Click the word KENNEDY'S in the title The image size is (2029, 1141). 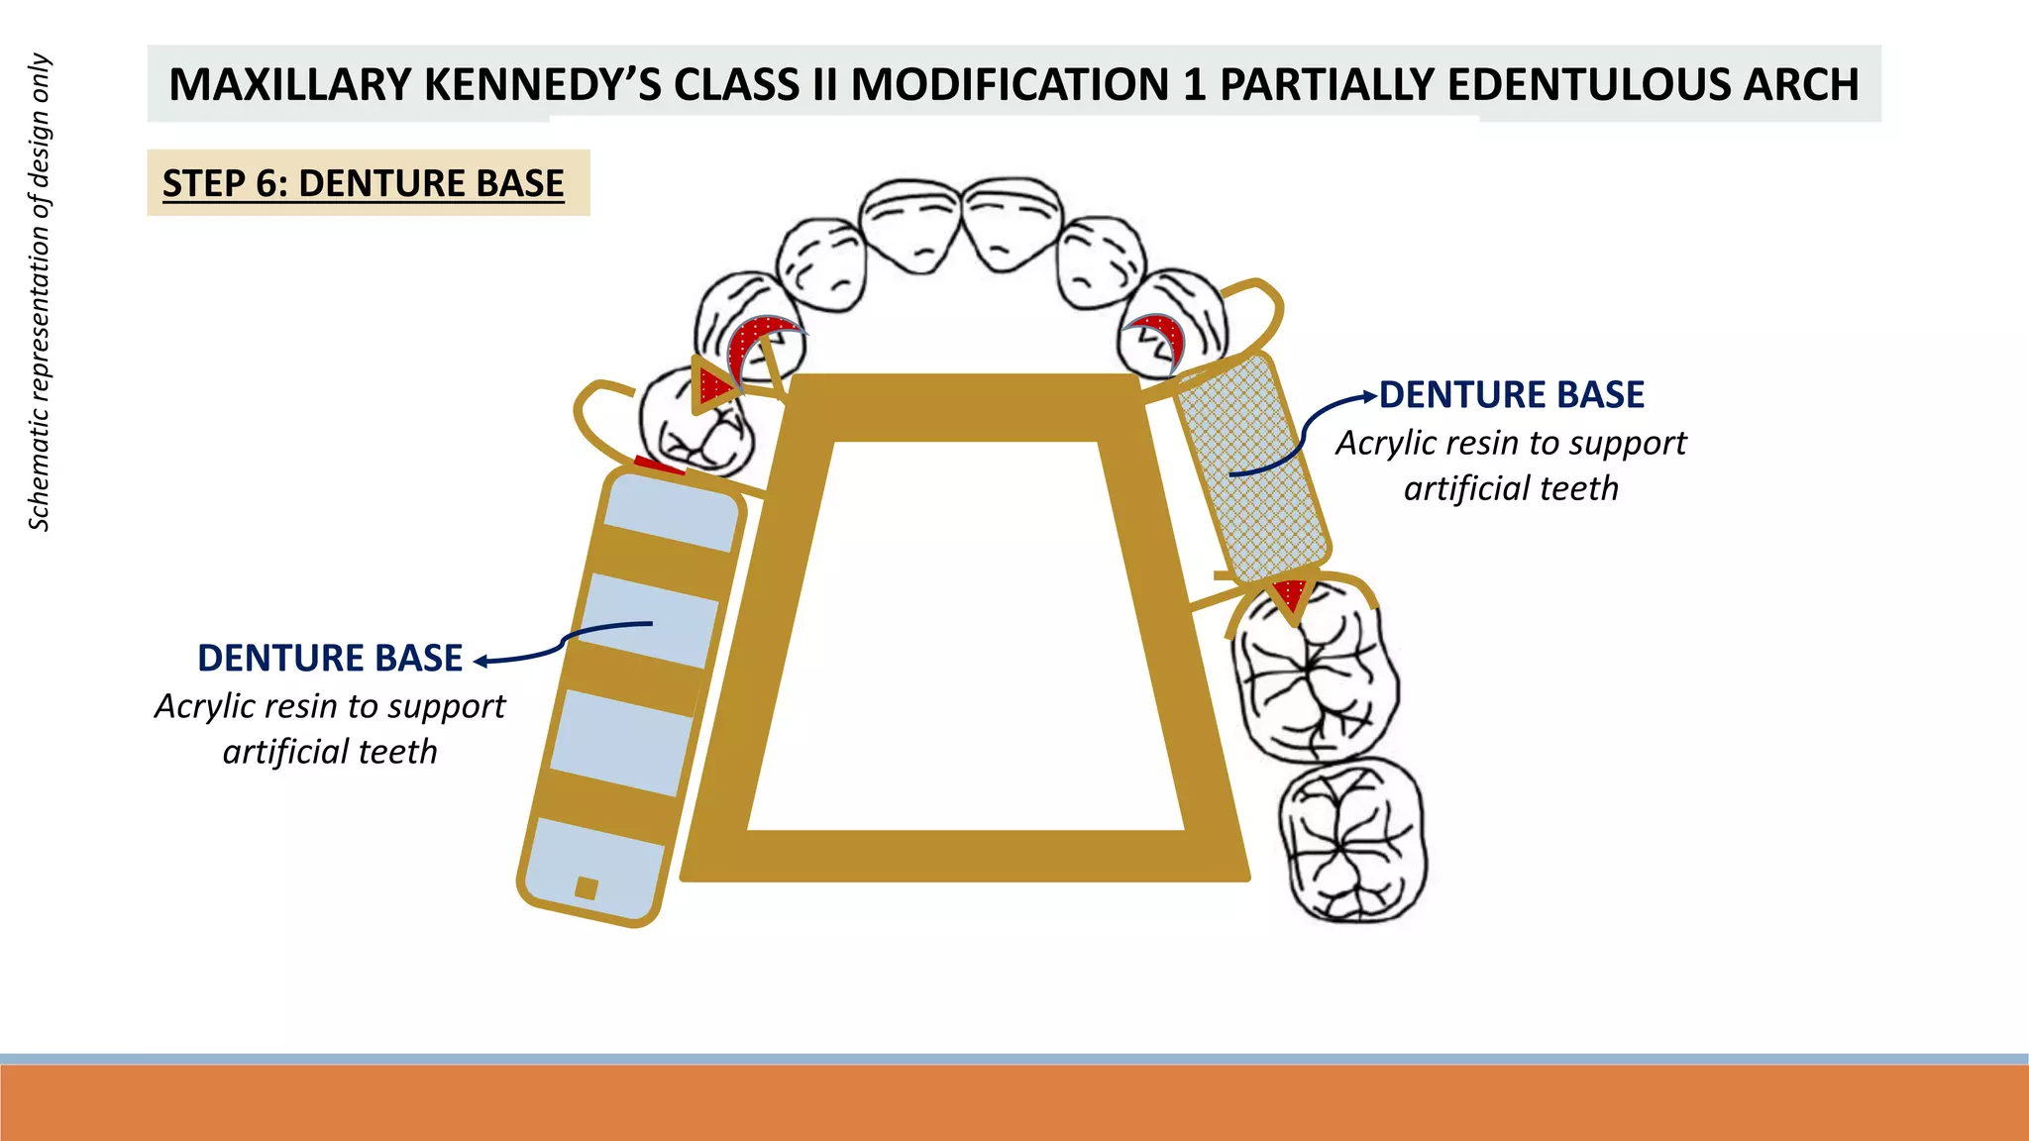pyautogui.click(x=543, y=84)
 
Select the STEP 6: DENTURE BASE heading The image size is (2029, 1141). pyautogui.click(x=364, y=183)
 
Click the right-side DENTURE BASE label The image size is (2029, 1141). pyautogui.click(x=1511, y=395)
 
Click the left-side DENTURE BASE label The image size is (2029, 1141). pyautogui.click(x=330, y=659)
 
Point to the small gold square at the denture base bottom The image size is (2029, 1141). pyautogui.click(x=586, y=887)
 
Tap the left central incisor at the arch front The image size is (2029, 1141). pyautogui.click(x=909, y=224)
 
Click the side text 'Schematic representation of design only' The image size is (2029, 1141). pyautogui.click(x=39, y=292)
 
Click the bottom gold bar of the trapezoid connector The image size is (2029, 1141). pyautogui.click(x=966, y=856)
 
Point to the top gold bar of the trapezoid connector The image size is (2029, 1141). pyautogui.click(x=966, y=407)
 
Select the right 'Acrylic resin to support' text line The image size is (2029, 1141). pyautogui.click(x=1511, y=444)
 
